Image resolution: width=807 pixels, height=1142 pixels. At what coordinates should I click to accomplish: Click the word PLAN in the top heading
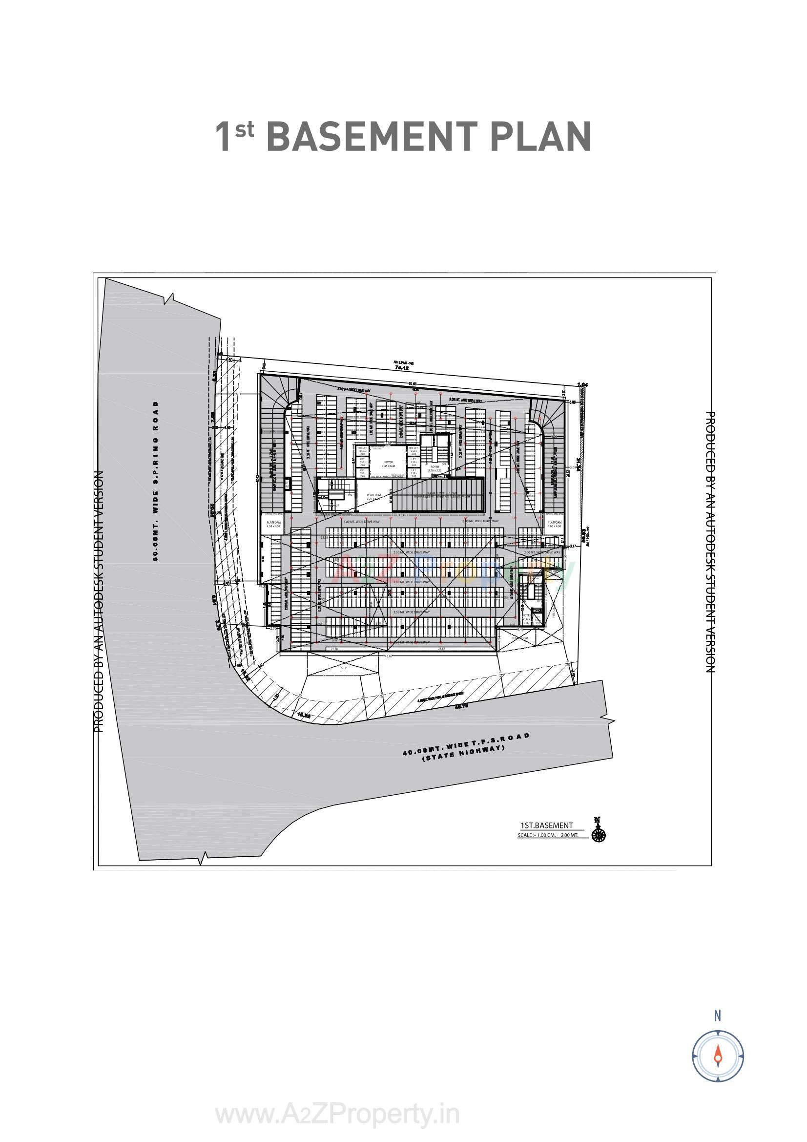(x=540, y=136)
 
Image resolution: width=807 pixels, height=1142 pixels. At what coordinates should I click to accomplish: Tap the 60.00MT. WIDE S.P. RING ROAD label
(x=156, y=481)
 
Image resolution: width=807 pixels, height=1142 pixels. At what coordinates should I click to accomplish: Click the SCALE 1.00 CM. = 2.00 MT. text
(x=548, y=835)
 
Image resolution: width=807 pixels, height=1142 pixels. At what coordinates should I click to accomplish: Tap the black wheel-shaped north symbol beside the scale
(x=598, y=830)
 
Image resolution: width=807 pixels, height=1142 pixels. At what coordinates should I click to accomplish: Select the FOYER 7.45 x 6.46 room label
(x=388, y=464)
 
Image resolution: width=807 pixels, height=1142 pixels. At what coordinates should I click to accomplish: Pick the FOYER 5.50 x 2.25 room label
(x=435, y=468)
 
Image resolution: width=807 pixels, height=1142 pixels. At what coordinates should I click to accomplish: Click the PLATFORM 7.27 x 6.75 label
(x=373, y=496)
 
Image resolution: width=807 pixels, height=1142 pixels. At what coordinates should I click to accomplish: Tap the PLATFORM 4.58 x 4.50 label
(x=273, y=524)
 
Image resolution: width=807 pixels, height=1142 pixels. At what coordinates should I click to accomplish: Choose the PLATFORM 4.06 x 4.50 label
(x=555, y=524)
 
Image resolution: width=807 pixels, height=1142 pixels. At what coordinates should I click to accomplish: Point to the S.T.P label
(x=343, y=669)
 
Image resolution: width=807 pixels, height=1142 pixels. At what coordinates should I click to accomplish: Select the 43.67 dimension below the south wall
(x=389, y=656)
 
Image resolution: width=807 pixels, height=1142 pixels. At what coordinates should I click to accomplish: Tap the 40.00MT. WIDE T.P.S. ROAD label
(x=466, y=745)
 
